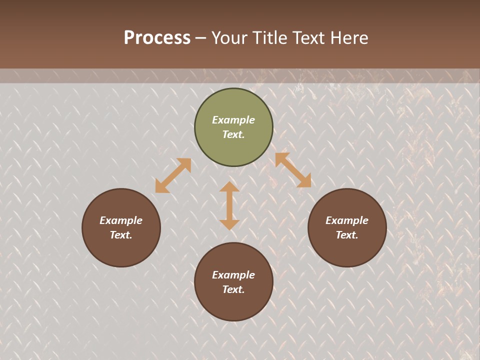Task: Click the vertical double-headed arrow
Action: point(229,205)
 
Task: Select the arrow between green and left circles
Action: point(173,175)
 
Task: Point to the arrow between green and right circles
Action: point(293,170)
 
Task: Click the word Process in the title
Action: point(157,37)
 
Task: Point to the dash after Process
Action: point(200,38)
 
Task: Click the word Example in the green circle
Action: point(233,120)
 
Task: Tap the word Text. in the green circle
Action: point(233,134)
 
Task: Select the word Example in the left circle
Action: point(121,220)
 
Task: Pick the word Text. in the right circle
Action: point(347,235)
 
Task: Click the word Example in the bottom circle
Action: point(233,275)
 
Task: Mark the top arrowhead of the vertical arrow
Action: point(229,186)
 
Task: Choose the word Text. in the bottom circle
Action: point(233,289)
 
